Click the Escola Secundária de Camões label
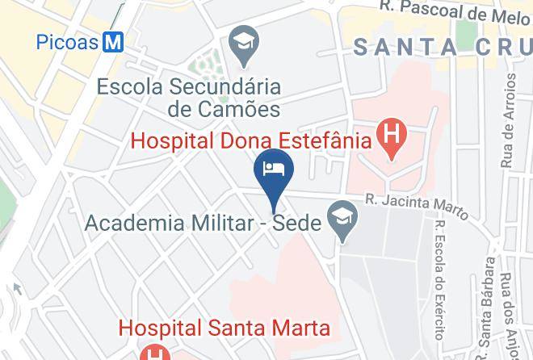pyautogui.click(x=188, y=97)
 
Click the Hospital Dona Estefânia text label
pyautogui.click(x=250, y=140)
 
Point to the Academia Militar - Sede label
pyautogui.click(x=202, y=223)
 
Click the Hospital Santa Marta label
pyautogui.click(x=225, y=328)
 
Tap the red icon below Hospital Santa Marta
pyautogui.click(x=153, y=354)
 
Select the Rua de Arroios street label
pyautogui.click(x=508, y=121)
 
